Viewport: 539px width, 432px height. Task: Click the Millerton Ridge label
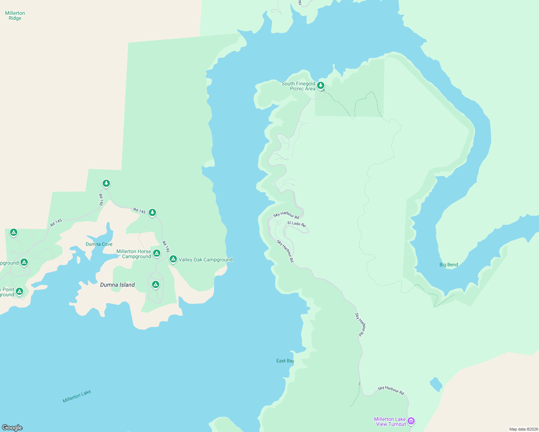tap(15, 16)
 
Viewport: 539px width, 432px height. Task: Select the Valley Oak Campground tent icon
tap(173, 259)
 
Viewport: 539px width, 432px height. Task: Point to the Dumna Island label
tap(117, 285)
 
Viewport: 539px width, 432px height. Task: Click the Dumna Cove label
tap(99, 244)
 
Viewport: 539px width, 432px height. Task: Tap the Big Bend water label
tap(449, 265)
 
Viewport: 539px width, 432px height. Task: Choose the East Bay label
tap(285, 361)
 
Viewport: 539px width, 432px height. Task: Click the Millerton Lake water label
tap(77, 396)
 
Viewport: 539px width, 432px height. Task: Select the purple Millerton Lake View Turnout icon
tap(411, 421)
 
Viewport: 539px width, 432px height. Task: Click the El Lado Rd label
tap(297, 224)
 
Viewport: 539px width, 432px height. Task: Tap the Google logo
tap(12, 428)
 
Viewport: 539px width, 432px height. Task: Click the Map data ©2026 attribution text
tap(524, 429)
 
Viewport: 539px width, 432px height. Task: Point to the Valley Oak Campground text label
tap(206, 260)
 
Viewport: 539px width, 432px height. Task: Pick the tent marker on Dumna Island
tap(156, 285)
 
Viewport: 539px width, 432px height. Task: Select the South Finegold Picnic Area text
tap(298, 86)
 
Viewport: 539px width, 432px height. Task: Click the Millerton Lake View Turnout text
tap(390, 422)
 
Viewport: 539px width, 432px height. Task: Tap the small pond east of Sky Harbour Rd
tap(436, 384)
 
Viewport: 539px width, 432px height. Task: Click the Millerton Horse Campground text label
tap(134, 254)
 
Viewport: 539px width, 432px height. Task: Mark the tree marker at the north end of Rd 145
tap(106, 184)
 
